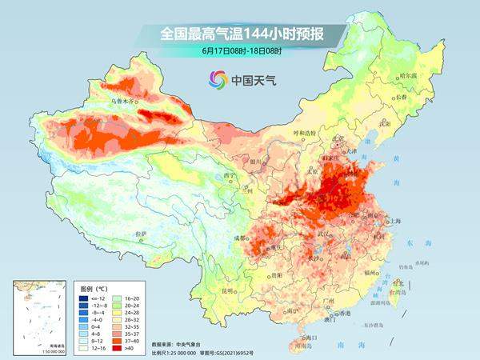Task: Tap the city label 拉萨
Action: [141, 234]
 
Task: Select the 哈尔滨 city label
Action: [409, 75]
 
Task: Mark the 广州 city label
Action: [325, 302]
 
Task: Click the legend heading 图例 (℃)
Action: [94, 286]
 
